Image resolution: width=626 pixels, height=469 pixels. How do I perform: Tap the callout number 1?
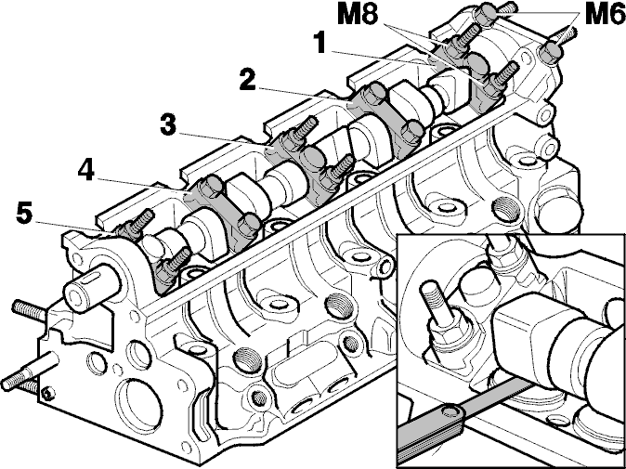coord(321,44)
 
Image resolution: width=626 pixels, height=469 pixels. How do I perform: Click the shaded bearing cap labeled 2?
coord(385,116)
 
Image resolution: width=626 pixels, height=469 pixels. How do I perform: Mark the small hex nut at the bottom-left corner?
coord(48,394)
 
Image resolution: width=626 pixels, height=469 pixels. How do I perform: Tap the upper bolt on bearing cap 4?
coord(210,186)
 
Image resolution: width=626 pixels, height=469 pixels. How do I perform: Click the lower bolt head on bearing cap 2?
coord(411,131)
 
